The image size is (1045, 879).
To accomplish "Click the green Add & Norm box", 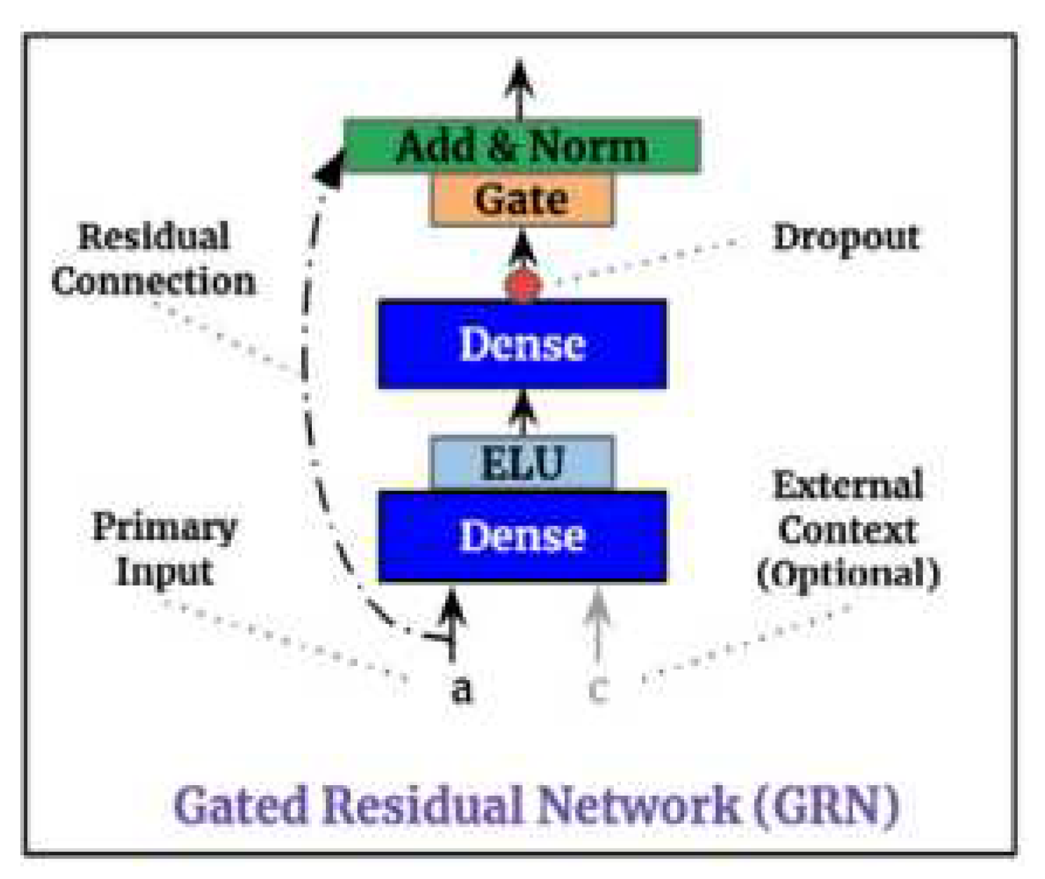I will click(521, 146).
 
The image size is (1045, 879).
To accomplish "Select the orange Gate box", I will click(521, 200).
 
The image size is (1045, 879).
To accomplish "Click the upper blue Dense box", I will click(522, 344).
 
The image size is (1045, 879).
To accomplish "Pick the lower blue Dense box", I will click(522, 536).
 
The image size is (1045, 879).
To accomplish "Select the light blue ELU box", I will click(522, 463).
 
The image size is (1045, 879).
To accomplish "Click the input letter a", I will click(460, 689).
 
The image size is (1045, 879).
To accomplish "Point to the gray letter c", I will click(597, 689).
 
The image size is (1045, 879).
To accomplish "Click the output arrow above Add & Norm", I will click(519, 88).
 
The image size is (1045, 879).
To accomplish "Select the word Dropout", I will click(846, 237).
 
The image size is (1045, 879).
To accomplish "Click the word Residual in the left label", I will click(153, 236).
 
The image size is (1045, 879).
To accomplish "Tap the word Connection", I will click(153, 282).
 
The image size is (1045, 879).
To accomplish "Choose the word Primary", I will click(165, 527).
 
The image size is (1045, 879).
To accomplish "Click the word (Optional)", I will click(848, 574).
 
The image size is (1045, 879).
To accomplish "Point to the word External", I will click(847, 485).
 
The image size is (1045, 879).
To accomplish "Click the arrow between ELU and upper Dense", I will click(522, 413).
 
